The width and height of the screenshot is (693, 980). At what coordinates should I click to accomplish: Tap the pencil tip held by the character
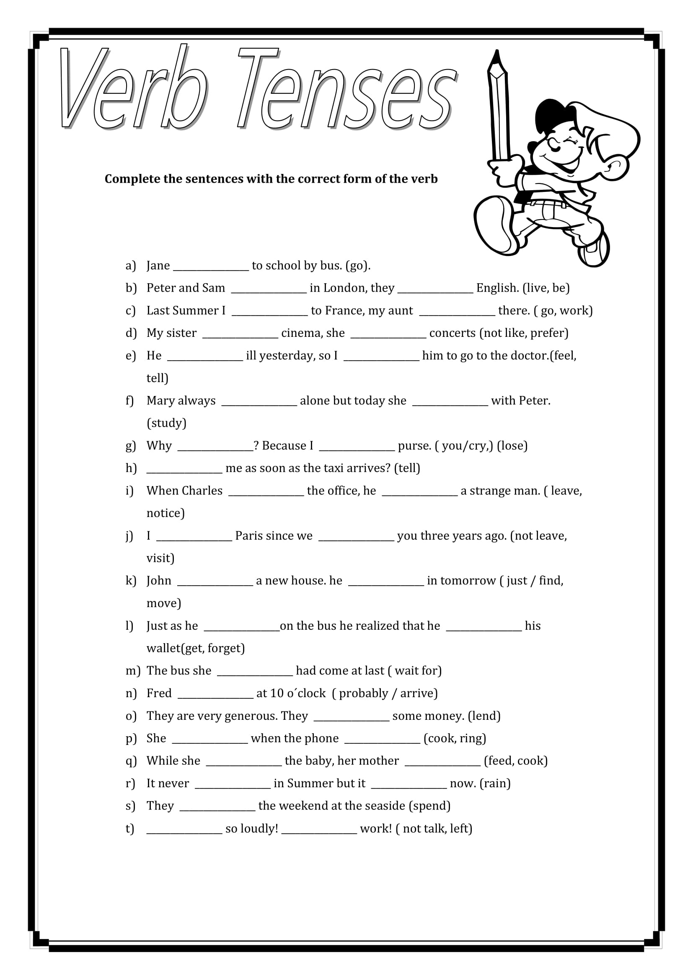(x=496, y=55)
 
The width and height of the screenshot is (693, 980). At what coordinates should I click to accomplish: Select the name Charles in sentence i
(x=203, y=491)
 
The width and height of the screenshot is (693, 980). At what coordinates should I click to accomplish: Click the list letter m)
(x=132, y=671)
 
